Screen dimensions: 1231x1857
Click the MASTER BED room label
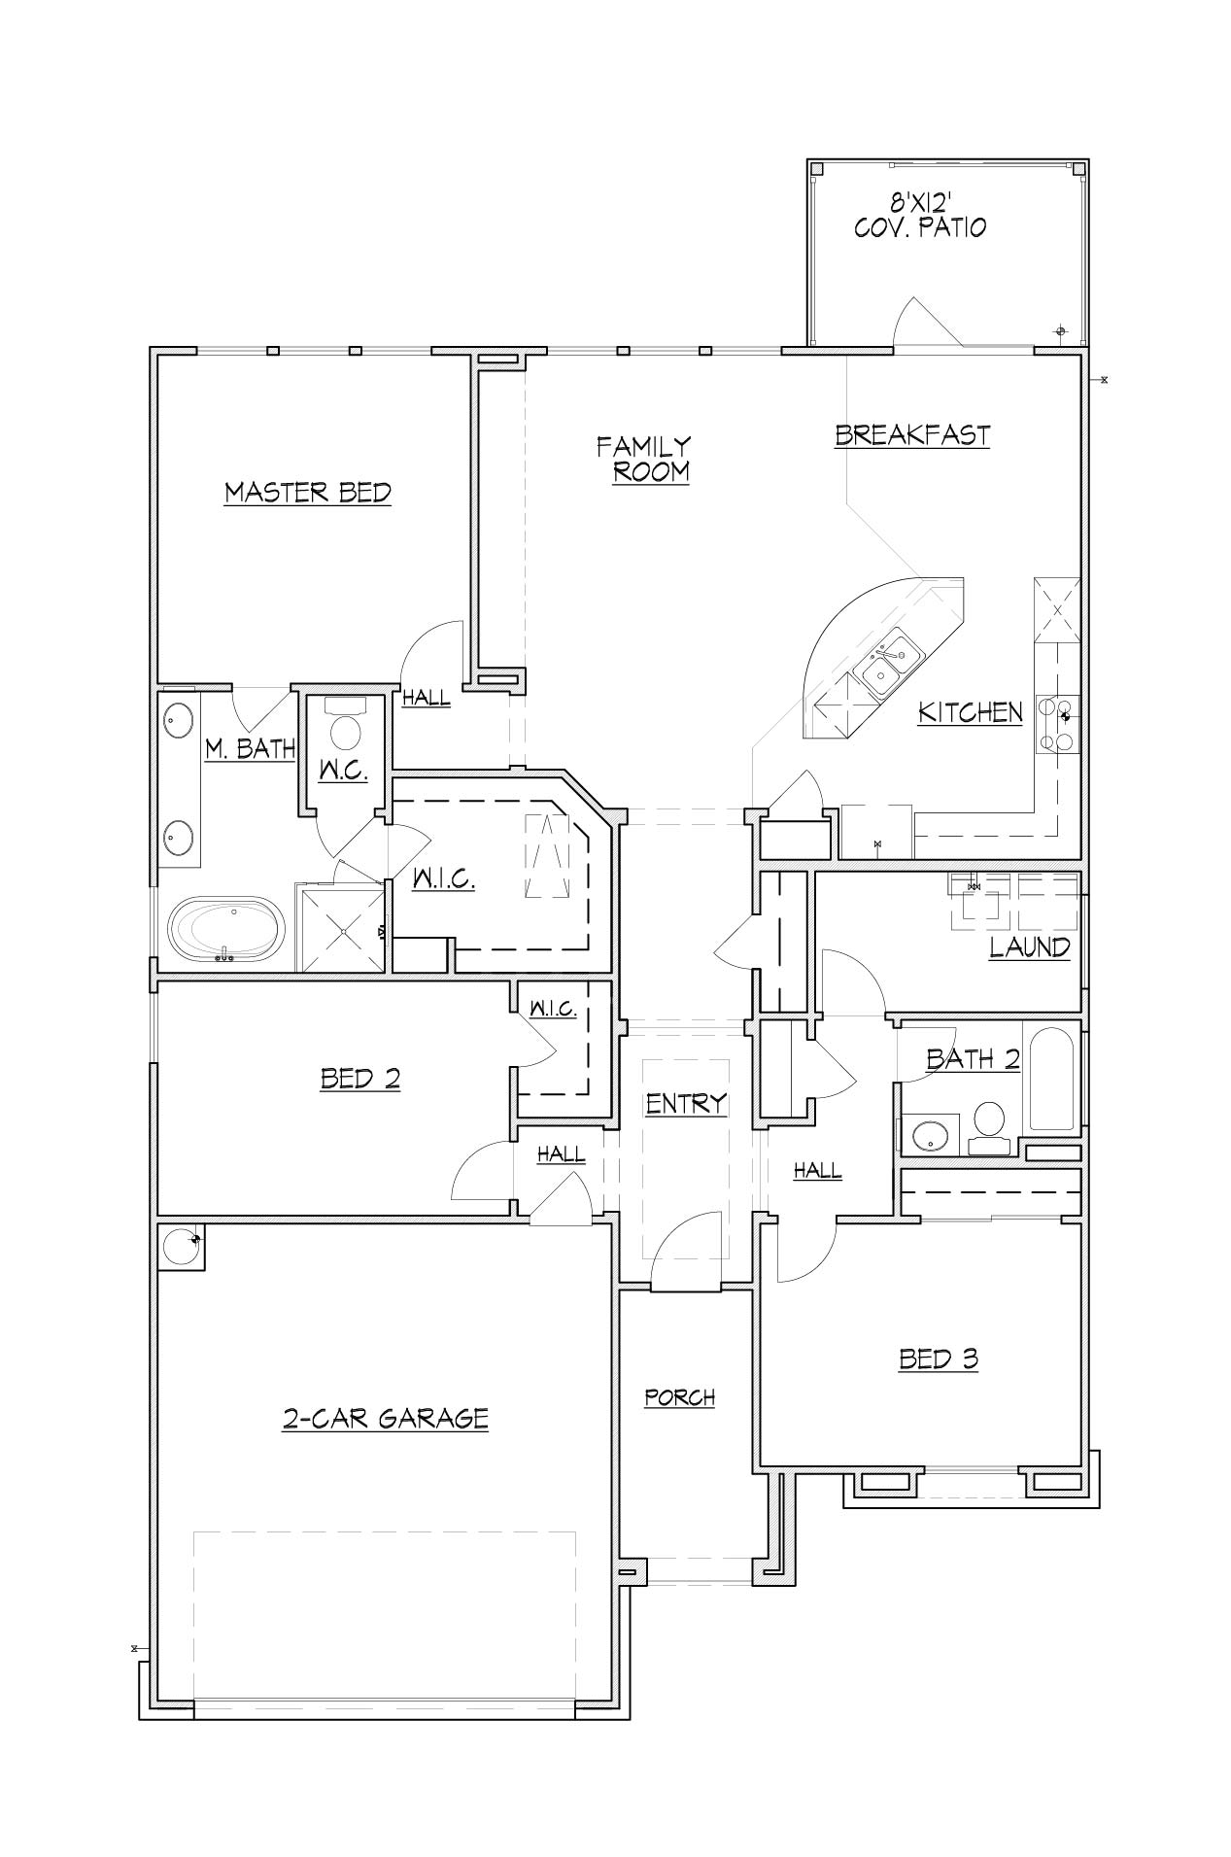tap(308, 493)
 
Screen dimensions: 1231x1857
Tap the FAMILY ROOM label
tap(644, 460)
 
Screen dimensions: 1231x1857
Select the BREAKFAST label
tap(912, 434)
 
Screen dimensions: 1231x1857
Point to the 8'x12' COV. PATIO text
tap(907, 216)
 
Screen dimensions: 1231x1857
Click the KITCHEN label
tap(971, 712)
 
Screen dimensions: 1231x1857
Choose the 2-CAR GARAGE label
tap(385, 1419)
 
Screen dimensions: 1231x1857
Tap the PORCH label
tap(680, 1397)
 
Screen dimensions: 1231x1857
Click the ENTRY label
tap(687, 1103)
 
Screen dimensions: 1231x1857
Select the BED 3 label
tap(939, 1358)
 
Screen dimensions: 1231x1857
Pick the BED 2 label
tap(360, 1079)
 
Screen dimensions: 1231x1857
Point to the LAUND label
tap(1030, 947)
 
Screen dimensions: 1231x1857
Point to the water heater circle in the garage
tap(181, 1245)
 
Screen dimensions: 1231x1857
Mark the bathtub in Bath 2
tap(1051, 1079)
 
